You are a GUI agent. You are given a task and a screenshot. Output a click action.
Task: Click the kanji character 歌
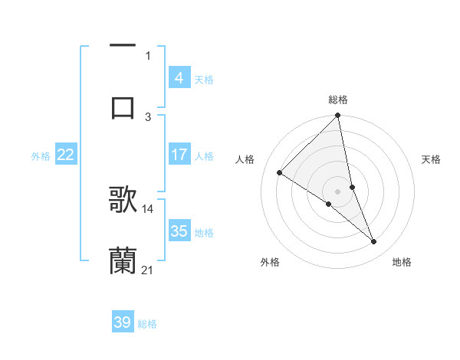tap(123, 198)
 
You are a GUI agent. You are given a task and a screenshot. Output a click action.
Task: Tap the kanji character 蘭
tap(123, 260)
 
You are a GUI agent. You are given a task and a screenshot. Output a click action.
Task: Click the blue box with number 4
tap(179, 78)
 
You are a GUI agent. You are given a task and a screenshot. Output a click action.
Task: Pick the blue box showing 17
tap(179, 155)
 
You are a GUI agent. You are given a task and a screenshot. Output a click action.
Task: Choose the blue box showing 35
tap(179, 231)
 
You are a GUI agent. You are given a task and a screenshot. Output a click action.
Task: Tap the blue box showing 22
tap(65, 155)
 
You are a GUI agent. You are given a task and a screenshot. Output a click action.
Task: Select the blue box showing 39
tap(123, 322)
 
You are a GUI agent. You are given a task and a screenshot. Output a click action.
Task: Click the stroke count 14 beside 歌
tap(148, 208)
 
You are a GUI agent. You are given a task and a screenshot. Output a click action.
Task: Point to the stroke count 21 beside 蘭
tap(148, 270)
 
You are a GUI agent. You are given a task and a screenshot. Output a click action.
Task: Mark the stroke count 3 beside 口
tap(148, 116)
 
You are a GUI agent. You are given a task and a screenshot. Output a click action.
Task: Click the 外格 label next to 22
tap(41, 155)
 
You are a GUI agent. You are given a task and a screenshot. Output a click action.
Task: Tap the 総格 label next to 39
tap(147, 323)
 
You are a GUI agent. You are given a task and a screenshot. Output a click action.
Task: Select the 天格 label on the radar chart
tap(431, 159)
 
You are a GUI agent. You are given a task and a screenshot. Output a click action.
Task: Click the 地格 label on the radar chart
tap(402, 262)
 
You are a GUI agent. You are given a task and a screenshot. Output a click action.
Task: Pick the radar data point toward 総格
tap(337, 116)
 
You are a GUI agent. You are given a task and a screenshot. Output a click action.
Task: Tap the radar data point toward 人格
tap(280, 173)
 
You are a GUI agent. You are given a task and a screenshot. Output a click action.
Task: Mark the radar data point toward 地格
tap(374, 242)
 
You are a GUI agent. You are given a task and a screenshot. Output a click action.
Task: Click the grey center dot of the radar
tap(337, 191)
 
